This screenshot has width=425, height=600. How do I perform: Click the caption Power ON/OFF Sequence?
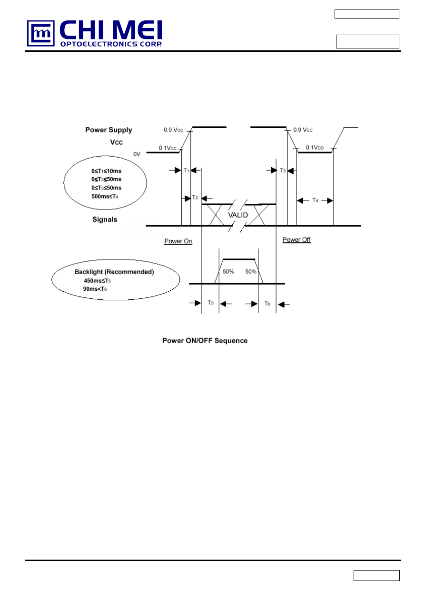coord(205,341)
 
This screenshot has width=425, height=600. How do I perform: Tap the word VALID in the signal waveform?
coord(238,215)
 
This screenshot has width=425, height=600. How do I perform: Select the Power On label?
coord(178,241)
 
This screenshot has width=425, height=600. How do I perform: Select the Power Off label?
coord(297,240)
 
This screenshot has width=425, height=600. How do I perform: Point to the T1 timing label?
coord(187,170)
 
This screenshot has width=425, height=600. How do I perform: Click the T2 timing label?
coord(195,198)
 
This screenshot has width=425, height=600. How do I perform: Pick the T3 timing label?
coord(283,170)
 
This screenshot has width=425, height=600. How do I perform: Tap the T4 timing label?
coord(315,200)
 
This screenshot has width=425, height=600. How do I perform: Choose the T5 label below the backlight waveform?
coord(210,303)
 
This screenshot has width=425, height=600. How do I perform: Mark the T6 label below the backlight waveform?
coord(267,303)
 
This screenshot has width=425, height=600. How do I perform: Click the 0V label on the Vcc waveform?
coord(137,154)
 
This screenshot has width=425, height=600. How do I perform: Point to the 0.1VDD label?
coord(315,148)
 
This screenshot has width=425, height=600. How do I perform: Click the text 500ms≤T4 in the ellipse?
coord(105,196)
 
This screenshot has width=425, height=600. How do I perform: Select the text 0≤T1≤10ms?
coord(106,171)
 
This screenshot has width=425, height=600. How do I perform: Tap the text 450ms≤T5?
coord(98,280)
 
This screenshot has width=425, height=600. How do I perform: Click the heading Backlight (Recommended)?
coord(114,272)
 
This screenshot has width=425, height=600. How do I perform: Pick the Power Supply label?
coord(109,130)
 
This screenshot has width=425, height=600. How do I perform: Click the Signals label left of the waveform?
coord(105,219)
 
